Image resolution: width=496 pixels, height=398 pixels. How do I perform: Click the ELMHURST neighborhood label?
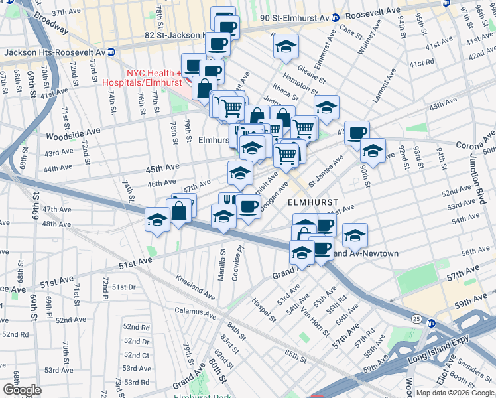312,201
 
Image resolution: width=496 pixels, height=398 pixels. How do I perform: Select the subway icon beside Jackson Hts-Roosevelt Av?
111,52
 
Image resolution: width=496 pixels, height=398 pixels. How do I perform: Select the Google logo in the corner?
22,390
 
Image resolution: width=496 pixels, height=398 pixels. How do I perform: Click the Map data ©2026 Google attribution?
454,393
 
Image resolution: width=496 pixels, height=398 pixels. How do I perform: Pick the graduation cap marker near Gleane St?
286,46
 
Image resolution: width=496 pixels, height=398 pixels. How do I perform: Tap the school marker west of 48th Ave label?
157,219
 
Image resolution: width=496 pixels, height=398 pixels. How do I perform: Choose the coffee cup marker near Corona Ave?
357,132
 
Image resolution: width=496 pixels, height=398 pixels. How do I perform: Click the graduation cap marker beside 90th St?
373,150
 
